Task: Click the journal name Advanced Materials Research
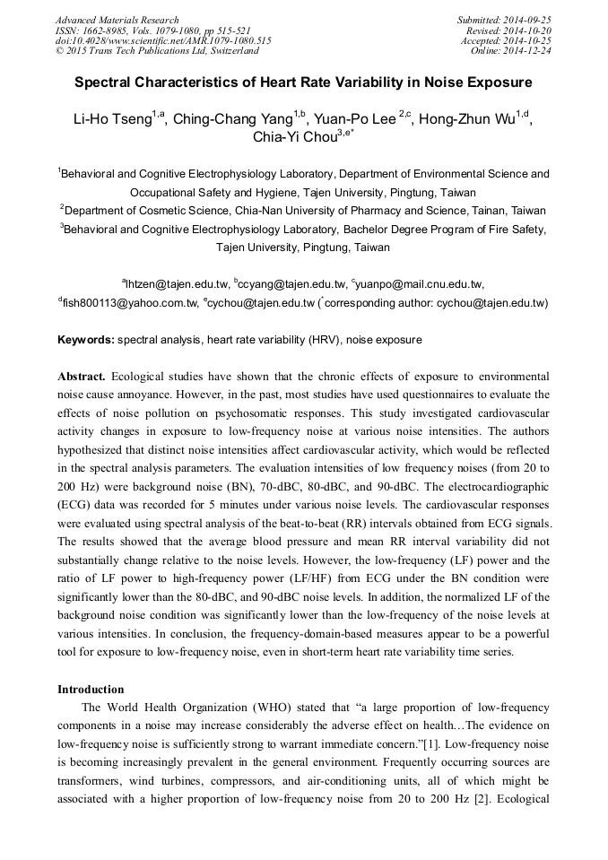click(x=117, y=20)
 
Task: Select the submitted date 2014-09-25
click(x=528, y=20)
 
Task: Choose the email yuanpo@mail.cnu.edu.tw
click(x=421, y=283)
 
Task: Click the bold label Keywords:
click(x=86, y=340)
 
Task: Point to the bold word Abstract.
click(x=82, y=376)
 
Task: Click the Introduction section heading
click(x=91, y=690)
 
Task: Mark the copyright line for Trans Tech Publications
click(x=143, y=50)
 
